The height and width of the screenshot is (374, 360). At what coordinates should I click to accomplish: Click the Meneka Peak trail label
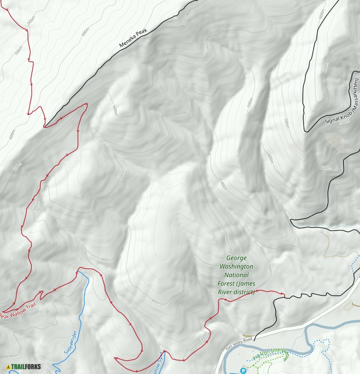click(x=132, y=38)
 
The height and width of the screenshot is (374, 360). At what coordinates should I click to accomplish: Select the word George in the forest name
click(x=236, y=258)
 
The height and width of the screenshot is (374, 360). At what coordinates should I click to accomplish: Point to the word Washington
click(x=236, y=267)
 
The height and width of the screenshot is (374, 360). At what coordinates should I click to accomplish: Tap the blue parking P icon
click(x=244, y=371)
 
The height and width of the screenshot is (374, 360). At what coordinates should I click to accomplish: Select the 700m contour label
click(x=184, y=21)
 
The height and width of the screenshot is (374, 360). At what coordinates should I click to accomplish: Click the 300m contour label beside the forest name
click(x=269, y=268)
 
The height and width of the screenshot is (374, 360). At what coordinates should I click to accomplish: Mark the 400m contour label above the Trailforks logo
click(x=14, y=356)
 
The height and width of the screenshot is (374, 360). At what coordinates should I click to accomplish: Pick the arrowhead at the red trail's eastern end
click(x=282, y=293)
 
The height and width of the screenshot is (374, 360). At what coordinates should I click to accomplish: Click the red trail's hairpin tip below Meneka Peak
click(x=86, y=104)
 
